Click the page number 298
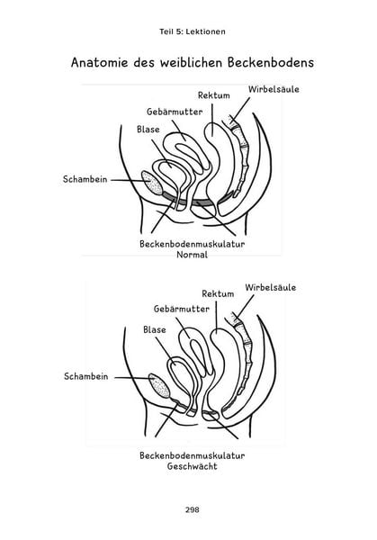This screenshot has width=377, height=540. (193, 509)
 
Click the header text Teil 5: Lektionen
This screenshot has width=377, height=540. (193, 31)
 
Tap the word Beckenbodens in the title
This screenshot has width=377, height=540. (271, 63)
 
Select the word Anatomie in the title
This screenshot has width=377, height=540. (100, 63)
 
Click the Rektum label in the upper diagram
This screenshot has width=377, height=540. (214, 95)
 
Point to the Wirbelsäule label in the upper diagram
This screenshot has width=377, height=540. (274, 89)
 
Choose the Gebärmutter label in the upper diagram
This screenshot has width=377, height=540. (175, 112)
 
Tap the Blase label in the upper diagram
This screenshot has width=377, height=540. (148, 130)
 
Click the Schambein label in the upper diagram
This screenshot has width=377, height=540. (85, 179)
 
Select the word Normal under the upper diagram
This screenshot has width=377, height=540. (193, 255)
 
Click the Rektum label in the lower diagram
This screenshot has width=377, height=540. (218, 293)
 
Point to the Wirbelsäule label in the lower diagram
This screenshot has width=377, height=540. (271, 287)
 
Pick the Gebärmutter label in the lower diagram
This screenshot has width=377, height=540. (182, 309)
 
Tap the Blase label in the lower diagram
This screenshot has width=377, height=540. (155, 330)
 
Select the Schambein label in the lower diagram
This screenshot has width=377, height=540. (86, 376)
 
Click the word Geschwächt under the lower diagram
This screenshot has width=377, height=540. (193, 466)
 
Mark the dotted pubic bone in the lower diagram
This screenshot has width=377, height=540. (159, 386)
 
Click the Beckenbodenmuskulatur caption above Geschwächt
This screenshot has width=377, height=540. (193, 455)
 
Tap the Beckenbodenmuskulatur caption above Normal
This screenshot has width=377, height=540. (193, 244)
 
